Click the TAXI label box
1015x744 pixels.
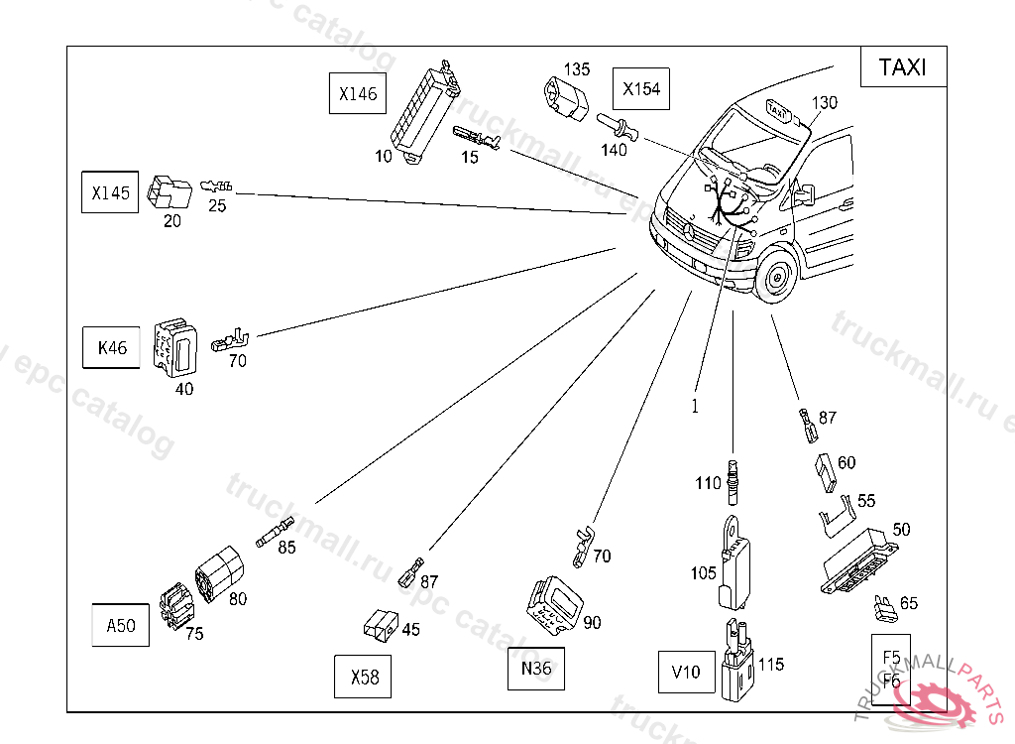[903, 66]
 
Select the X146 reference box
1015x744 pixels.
[358, 94]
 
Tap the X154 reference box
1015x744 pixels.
[641, 88]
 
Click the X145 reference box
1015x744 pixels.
[110, 192]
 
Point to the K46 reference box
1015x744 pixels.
[112, 348]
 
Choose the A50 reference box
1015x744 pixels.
[121, 625]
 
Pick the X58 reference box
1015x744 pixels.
[364, 677]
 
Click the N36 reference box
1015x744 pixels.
[535, 668]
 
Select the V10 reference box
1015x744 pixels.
[686, 672]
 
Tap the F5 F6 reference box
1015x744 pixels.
[891, 669]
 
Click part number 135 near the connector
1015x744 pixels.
[577, 69]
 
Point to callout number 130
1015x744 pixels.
[825, 102]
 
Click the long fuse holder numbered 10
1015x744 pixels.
[421, 106]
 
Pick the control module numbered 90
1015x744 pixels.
[552, 603]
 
